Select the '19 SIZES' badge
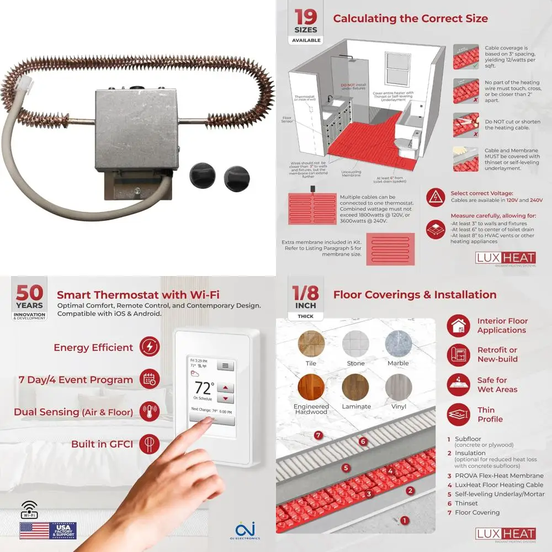pos(305,25)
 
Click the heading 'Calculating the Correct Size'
pos(410,18)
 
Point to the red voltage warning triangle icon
pos(436,195)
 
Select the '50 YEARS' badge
pos(30,301)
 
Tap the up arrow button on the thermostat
pos(226,388)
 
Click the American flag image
pos(34,530)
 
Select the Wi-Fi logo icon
pos(29,509)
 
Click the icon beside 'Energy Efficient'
pos(150,347)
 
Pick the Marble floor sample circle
pos(398,343)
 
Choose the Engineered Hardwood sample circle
pos(311,388)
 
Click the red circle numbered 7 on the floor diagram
pos(318,435)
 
